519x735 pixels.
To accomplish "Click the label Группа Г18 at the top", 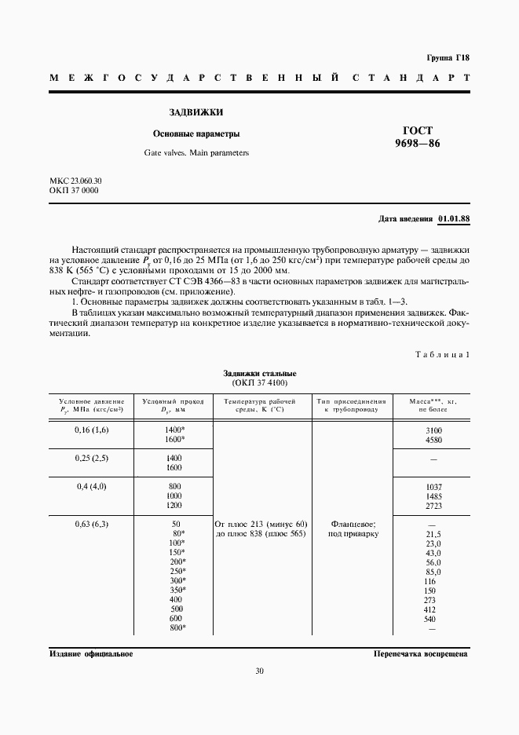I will (448, 58).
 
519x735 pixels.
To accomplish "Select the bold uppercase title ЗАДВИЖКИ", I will (191, 112).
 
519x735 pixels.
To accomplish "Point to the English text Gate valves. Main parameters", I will (196, 152).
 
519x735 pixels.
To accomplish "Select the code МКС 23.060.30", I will (75, 181).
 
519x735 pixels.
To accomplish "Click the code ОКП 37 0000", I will (74, 191).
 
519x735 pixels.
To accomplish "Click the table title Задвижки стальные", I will (260, 373).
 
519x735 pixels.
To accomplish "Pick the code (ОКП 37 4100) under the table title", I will (260, 382).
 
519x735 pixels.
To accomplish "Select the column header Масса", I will (433, 400).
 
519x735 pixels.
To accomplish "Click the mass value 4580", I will (433, 440).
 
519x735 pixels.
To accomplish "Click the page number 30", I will (260, 671).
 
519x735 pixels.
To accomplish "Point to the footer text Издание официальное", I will (91, 653).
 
